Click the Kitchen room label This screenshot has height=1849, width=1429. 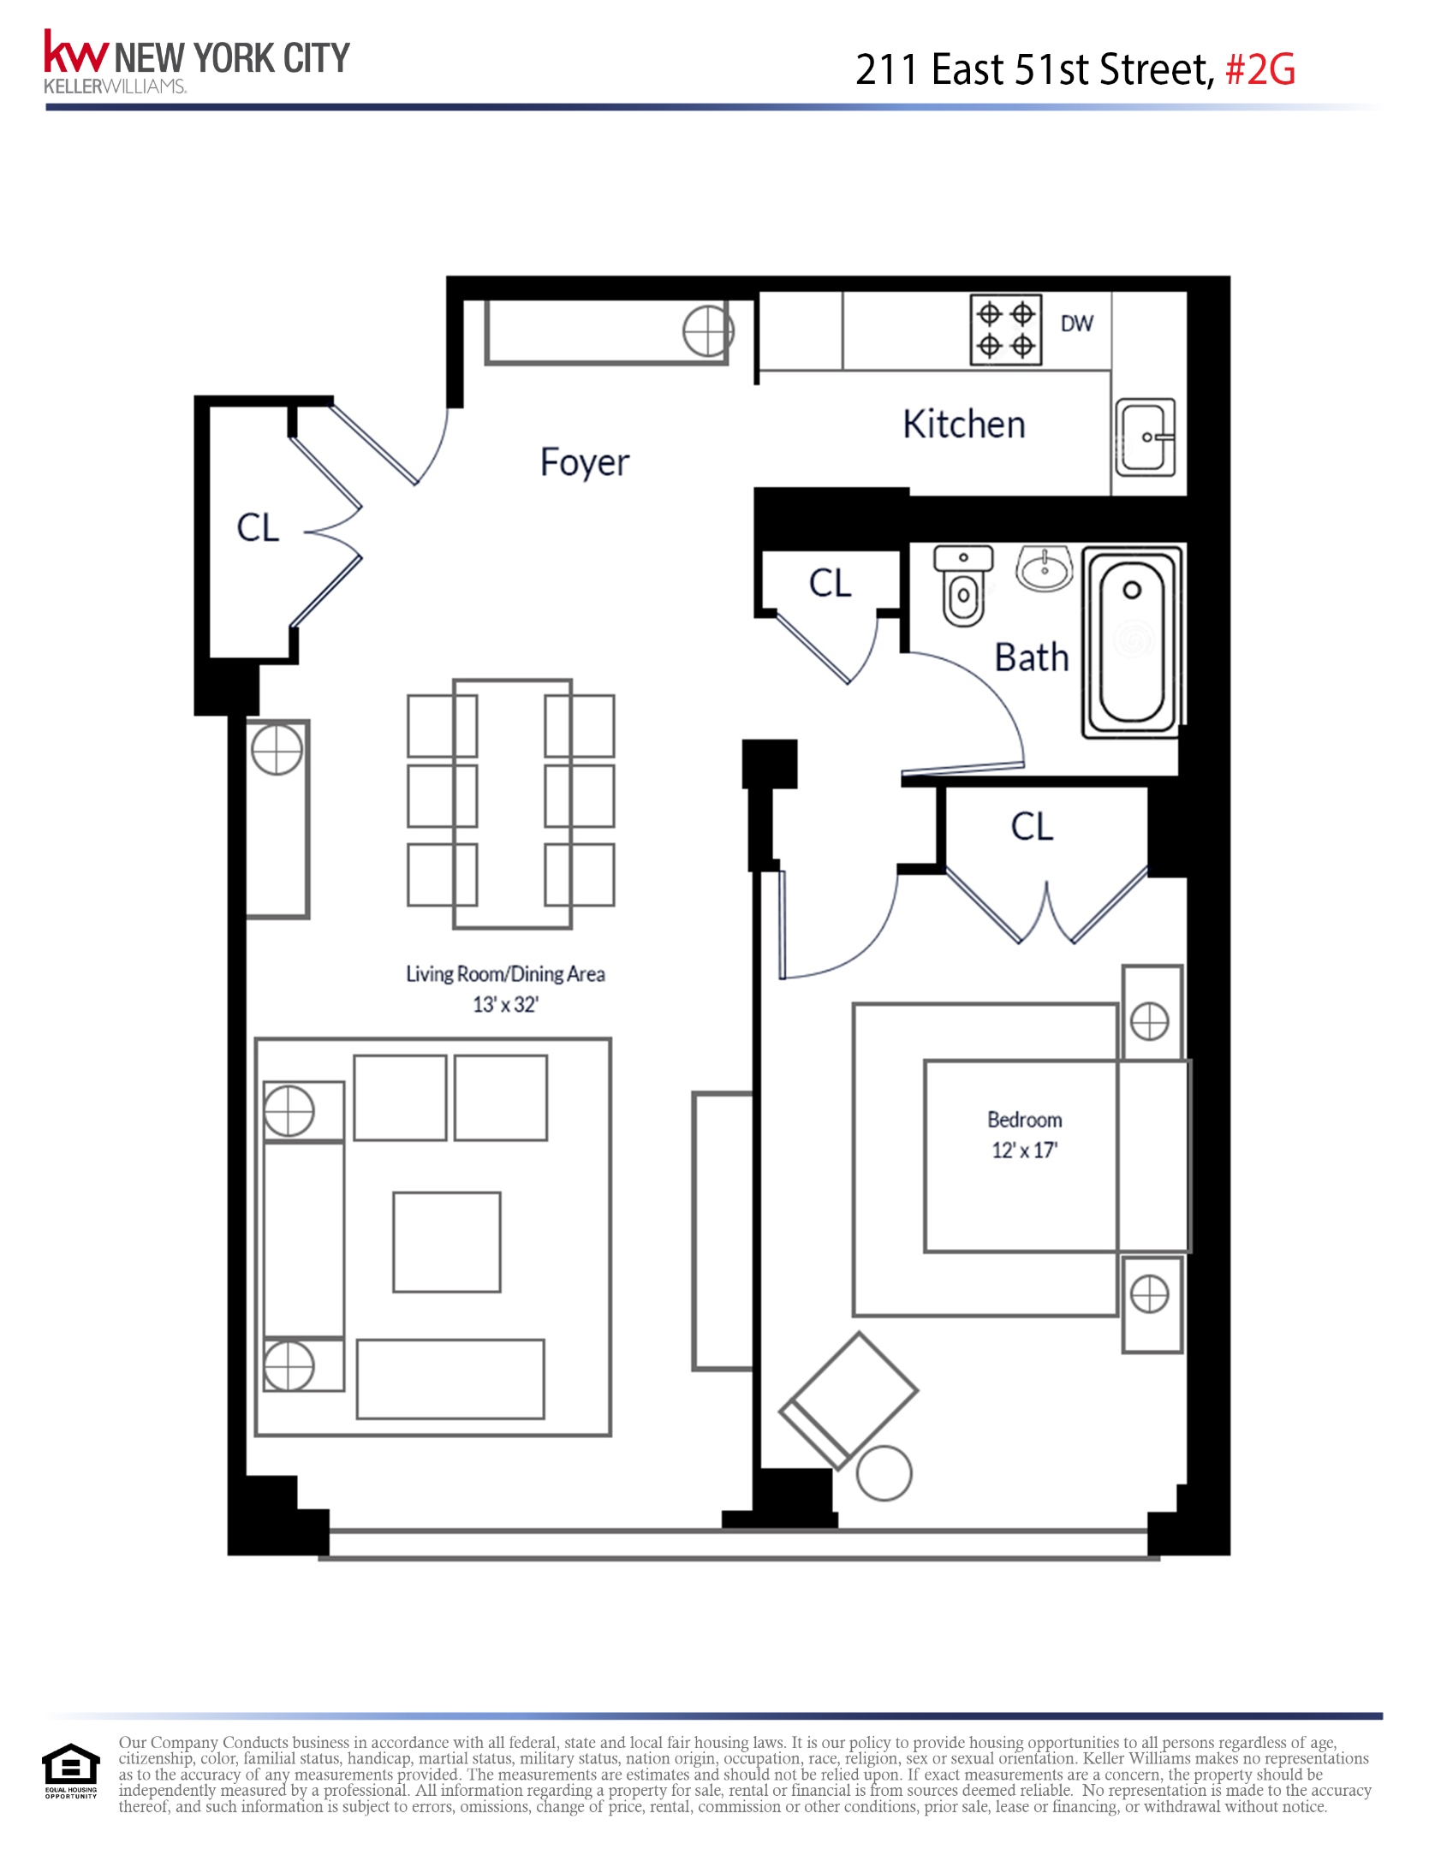(963, 425)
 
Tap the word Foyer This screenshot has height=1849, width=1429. (585, 462)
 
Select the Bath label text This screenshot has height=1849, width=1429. (1032, 657)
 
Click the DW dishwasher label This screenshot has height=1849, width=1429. (1076, 324)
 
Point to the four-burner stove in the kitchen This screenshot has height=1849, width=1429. (1005, 330)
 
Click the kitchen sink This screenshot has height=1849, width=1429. (1145, 437)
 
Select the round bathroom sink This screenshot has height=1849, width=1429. (1045, 568)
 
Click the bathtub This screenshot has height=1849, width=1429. (1132, 640)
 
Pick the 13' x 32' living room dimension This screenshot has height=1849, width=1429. (505, 1005)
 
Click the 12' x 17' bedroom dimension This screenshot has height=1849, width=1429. (1024, 1150)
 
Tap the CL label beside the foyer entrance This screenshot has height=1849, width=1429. (258, 527)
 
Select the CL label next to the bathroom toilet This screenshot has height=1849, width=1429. (830, 583)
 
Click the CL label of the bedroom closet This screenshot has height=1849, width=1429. (1032, 827)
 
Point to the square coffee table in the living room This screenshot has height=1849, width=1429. (446, 1242)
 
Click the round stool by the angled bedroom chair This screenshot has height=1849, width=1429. (884, 1473)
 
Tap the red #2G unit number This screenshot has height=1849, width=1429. (1260, 70)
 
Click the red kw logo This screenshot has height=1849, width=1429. (75, 53)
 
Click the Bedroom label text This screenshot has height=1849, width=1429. (1024, 1120)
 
